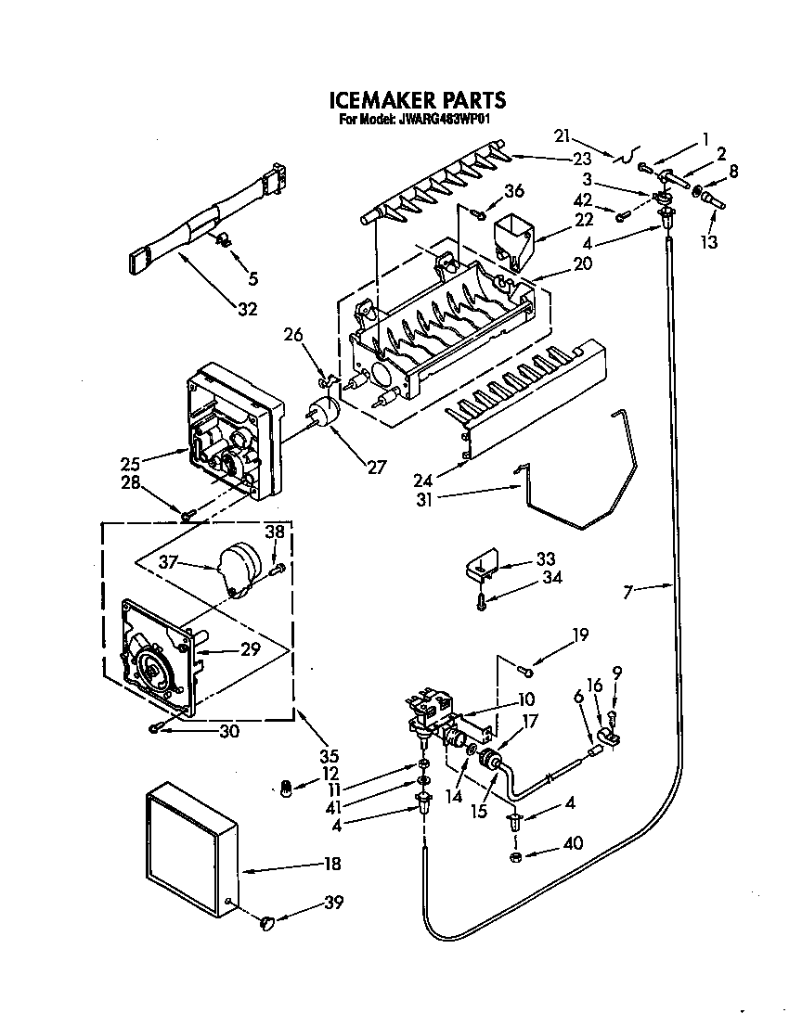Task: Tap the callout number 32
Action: [x=246, y=310]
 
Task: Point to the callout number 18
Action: [x=331, y=864]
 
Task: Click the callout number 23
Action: [x=581, y=159]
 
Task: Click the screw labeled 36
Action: [x=478, y=214]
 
